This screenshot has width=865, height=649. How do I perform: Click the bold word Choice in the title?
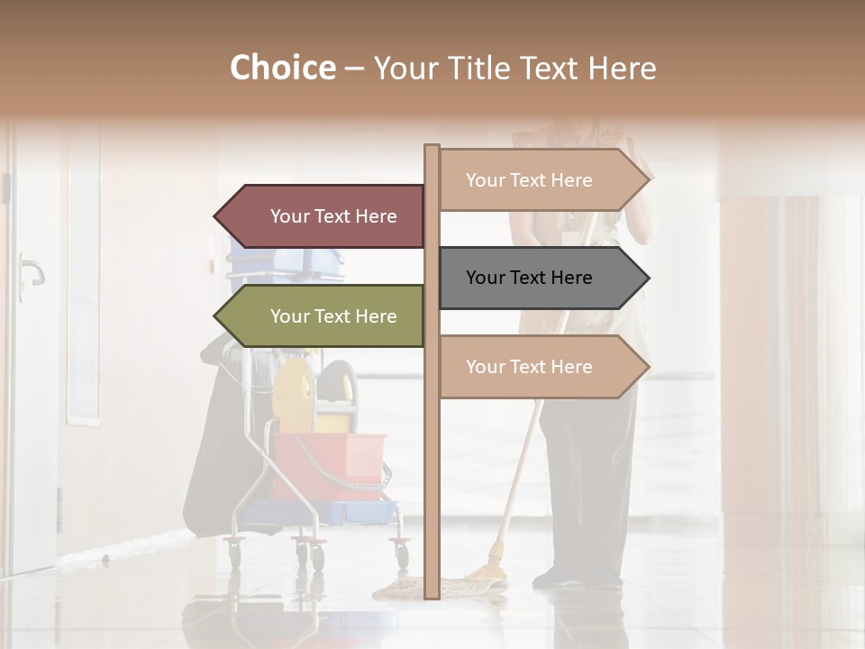pyautogui.click(x=282, y=68)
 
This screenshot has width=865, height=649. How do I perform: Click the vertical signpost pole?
pyautogui.click(x=432, y=469)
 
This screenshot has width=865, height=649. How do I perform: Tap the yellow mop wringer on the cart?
pyautogui.click(x=293, y=397)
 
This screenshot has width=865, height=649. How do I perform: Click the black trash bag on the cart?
pyautogui.click(x=212, y=451)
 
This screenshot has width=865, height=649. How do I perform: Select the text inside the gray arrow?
pyautogui.click(x=529, y=278)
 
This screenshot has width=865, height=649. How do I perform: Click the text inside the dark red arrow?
pyautogui.click(x=333, y=216)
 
